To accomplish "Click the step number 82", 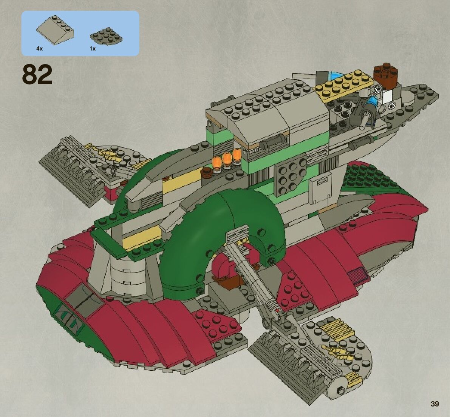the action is (37, 75).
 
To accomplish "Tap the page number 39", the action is (435, 404).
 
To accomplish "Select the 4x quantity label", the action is (40, 49).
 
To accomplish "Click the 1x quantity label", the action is (93, 49).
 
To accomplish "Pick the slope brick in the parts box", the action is (55, 30).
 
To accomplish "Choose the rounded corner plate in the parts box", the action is (105, 36).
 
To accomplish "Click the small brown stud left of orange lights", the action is (207, 173).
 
